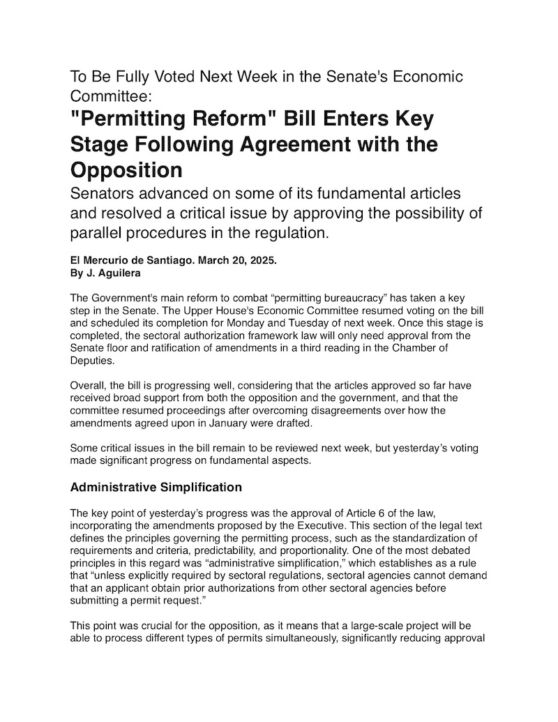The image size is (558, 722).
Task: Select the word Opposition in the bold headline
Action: pyautogui.click(x=126, y=170)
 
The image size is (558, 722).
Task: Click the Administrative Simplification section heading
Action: pyautogui.click(x=156, y=486)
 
